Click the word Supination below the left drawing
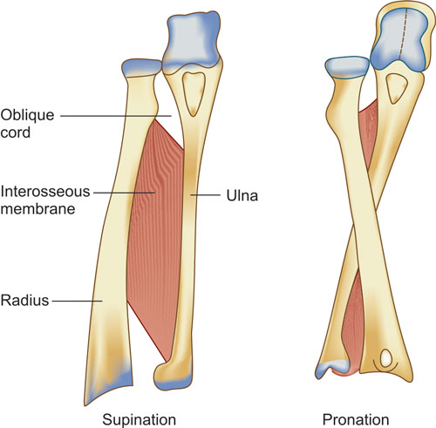point(140,420)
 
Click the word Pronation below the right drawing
point(356,419)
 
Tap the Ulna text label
point(242,195)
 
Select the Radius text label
point(24,300)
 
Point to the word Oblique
point(27,116)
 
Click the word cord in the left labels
point(16,132)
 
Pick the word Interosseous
point(45,192)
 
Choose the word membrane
point(37,209)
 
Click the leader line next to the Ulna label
point(205,195)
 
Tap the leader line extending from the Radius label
point(77,301)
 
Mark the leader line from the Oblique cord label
point(116,116)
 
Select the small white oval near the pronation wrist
point(385,357)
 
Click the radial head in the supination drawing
point(141,67)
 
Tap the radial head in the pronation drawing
point(347,67)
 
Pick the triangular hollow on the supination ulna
point(193,93)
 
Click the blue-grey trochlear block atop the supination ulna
point(192,40)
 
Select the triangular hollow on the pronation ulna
point(397,88)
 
